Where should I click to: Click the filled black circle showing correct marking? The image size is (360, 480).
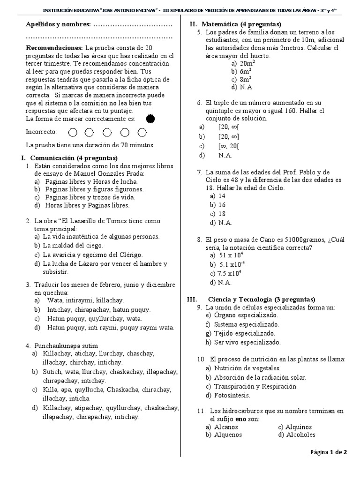pos(150,119)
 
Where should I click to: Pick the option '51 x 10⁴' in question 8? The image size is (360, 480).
pos(231,255)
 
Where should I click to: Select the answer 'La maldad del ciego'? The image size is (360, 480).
pos(73,245)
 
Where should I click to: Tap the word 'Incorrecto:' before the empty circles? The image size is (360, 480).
pos(41,132)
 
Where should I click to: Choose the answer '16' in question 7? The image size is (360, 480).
pos(222,205)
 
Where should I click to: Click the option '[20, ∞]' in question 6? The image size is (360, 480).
pos(228,136)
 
